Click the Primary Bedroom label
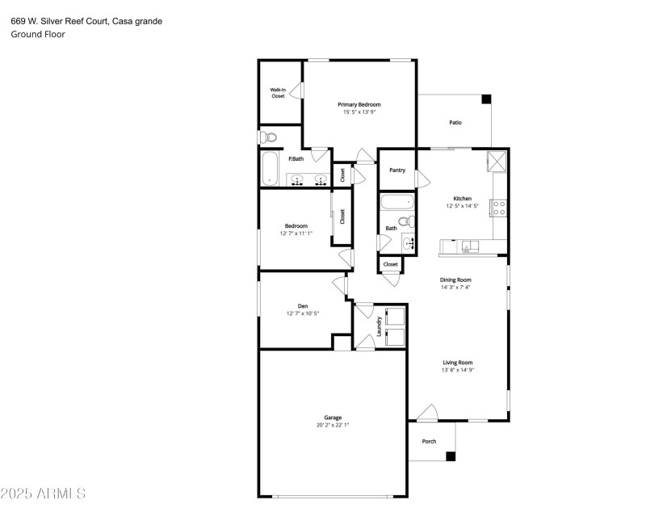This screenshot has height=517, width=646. click(x=359, y=104)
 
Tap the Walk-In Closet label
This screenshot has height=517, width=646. click(x=278, y=93)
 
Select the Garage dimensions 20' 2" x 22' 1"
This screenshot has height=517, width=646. click(x=333, y=424)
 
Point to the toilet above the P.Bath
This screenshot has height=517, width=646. click(x=270, y=137)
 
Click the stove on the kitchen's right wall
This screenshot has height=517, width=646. click(x=500, y=208)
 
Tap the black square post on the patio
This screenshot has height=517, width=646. click(x=486, y=99)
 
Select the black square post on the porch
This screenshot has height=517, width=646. click(x=451, y=456)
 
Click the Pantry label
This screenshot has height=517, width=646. click(x=396, y=170)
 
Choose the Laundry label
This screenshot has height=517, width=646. click(x=379, y=326)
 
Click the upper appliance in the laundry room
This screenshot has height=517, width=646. click(x=395, y=317)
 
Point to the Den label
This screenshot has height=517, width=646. click(x=303, y=305)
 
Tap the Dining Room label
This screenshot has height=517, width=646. click(x=455, y=280)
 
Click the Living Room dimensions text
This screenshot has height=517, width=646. click(x=456, y=370)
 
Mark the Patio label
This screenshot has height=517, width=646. click(x=455, y=122)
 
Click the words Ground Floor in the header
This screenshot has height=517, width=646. click(x=38, y=34)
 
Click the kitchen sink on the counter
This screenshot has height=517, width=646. click(x=468, y=246)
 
